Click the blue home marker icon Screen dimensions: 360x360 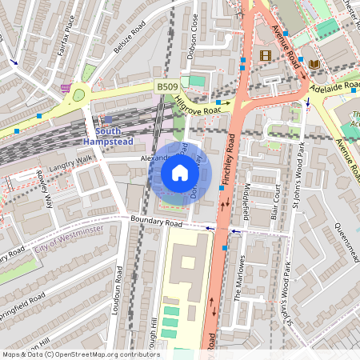[180, 173]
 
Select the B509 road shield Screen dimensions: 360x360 [166, 86]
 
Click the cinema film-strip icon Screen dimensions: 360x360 [266, 55]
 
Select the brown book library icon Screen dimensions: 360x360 [314, 63]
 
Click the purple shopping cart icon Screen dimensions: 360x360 [66, 88]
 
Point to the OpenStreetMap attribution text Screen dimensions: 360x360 [80, 354]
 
